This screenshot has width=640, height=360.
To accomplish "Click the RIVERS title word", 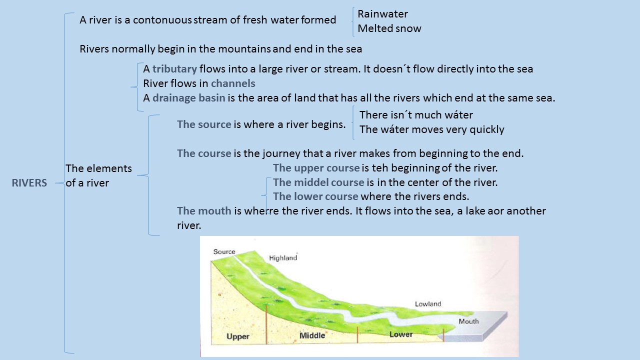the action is point(29,183).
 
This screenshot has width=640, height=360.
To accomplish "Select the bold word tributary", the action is point(174,69).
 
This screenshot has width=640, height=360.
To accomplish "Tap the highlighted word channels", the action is point(233,83).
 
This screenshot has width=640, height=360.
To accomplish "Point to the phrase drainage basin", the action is point(189,98).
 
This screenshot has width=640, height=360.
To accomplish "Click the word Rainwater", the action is point(383,14).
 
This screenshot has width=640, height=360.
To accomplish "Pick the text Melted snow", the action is point(389,28).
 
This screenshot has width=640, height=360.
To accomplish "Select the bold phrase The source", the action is point(204,124).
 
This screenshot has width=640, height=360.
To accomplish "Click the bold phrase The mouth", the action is point(204,211).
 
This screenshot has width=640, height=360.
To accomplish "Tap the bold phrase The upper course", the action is point(316,168).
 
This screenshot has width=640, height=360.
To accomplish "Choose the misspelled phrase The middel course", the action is point(318,182).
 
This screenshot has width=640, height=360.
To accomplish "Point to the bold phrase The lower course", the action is point(315,196).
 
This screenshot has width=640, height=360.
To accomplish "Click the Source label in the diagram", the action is point(224,251).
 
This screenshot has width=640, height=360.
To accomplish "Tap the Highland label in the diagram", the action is point(283,258).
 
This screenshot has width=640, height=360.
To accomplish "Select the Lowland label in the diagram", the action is point(428,304).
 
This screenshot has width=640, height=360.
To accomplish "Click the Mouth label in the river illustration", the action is point(468,321).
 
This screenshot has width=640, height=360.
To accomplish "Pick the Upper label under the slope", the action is point(237,336).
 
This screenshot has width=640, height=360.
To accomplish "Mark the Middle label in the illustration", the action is point(312,335).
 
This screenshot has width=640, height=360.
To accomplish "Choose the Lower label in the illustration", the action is point(401,334).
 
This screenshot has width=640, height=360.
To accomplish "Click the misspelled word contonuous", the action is point(162,20).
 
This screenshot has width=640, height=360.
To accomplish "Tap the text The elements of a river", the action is point(98,175).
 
